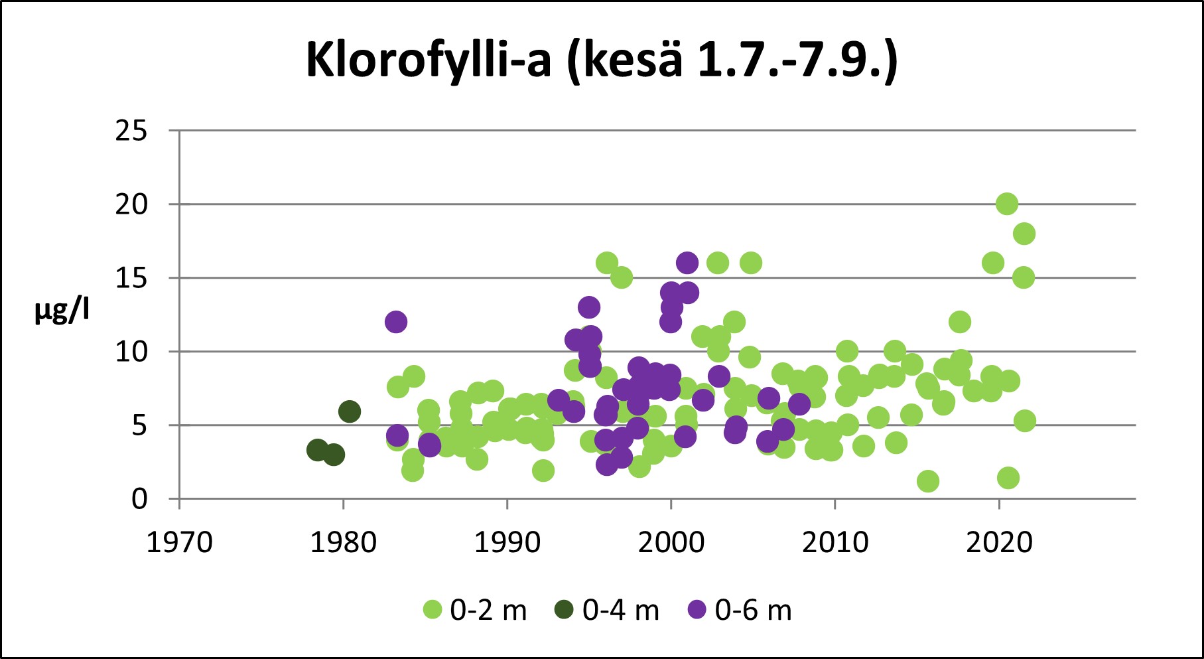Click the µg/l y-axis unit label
tap(62, 310)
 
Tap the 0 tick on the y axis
tap(139, 498)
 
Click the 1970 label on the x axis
tap(179, 543)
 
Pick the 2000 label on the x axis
tap(671, 543)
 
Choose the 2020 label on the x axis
tap(999, 543)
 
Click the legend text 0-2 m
tap(488, 611)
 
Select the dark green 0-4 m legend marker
tap(564, 609)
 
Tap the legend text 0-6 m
tap(753, 611)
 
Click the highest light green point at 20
tap(1007, 204)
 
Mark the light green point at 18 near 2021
tap(1024, 234)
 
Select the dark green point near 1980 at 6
tap(350, 411)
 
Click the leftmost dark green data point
tap(317, 450)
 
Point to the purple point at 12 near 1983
tap(395, 322)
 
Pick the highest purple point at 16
tap(687, 263)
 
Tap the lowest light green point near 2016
tap(928, 481)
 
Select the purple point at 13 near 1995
tap(588, 307)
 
